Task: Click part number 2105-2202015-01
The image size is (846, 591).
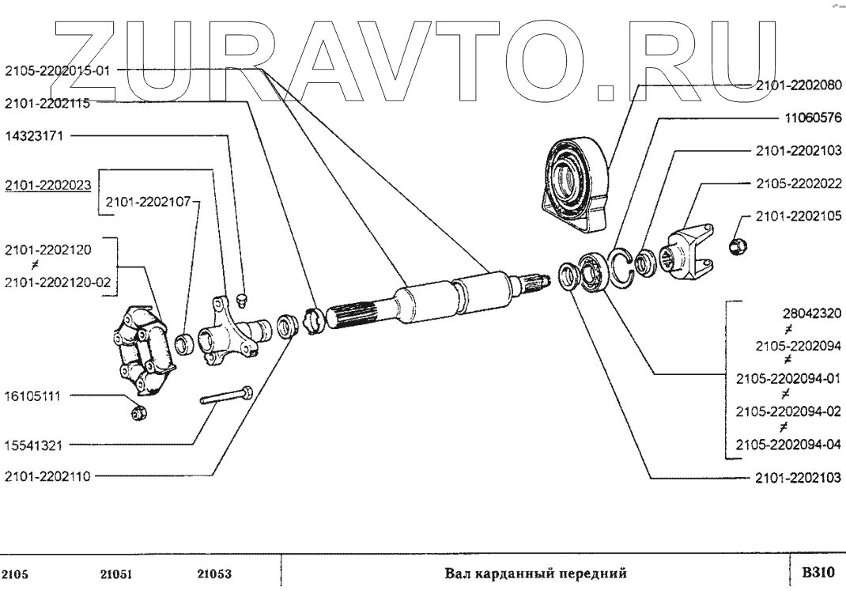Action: pos(56,70)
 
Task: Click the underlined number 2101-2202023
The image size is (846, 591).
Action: pos(47,185)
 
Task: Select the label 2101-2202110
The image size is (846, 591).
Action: pos(47,475)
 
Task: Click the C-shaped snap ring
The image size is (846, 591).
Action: pos(621,265)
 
